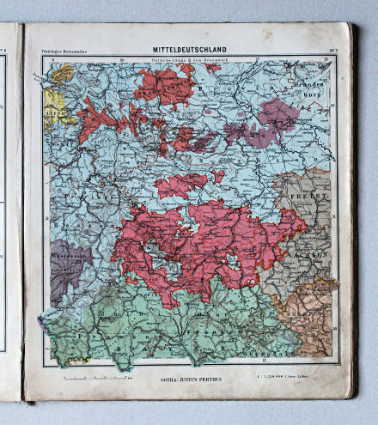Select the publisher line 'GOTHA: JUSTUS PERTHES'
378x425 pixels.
[x=190, y=379]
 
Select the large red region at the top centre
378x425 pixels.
[x=163, y=85]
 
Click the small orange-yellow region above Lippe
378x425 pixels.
[x=61, y=74]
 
